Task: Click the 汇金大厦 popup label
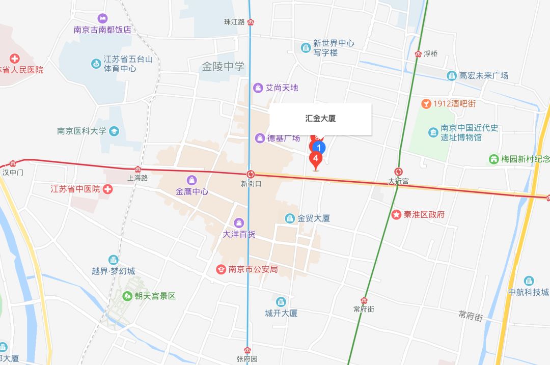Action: (x=320, y=119)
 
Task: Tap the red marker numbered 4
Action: (x=316, y=159)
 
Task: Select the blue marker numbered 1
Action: (x=318, y=148)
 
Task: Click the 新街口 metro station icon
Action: (x=251, y=174)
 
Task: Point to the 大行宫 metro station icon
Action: (x=398, y=172)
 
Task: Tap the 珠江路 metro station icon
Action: (x=251, y=22)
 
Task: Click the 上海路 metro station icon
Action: (x=137, y=169)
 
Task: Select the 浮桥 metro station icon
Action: (x=418, y=54)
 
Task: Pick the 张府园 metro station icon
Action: (x=248, y=350)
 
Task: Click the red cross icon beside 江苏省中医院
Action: (x=107, y=189)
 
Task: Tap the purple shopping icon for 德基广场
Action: (x=260, y=138)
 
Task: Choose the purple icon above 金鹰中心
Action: (x=191, y=180)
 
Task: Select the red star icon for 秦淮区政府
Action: (x=396, y=214)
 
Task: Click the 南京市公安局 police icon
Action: (x=222, y=269)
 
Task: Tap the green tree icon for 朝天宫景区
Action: (x=127, y=295)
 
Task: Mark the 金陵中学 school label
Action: (x=223, y=67)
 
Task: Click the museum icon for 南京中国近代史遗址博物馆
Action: (x=433, y=132)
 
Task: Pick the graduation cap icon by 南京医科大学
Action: (x=114, y=131)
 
